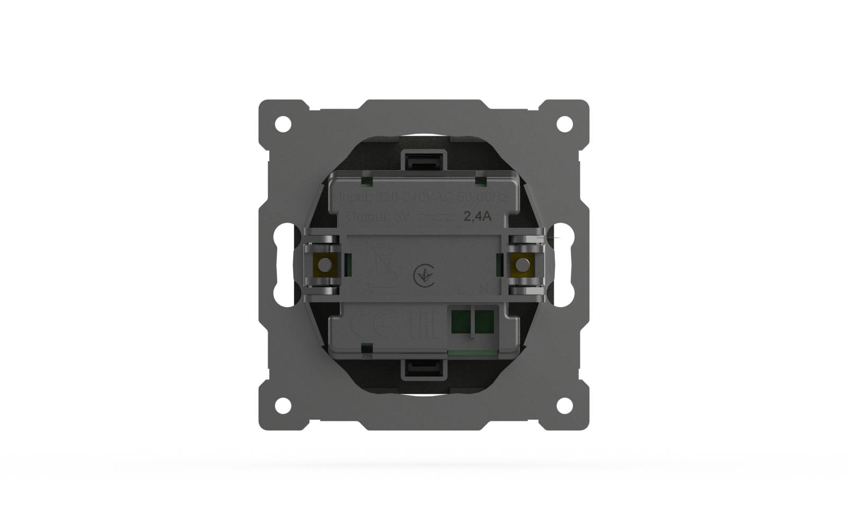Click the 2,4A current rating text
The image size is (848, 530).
(478, 216)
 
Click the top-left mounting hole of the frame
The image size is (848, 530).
(283, 124)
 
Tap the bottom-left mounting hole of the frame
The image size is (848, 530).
(283, 405)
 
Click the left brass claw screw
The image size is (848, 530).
(322, 264)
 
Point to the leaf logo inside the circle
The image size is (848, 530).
(423, 275)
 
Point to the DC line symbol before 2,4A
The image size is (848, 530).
(438, 216)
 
